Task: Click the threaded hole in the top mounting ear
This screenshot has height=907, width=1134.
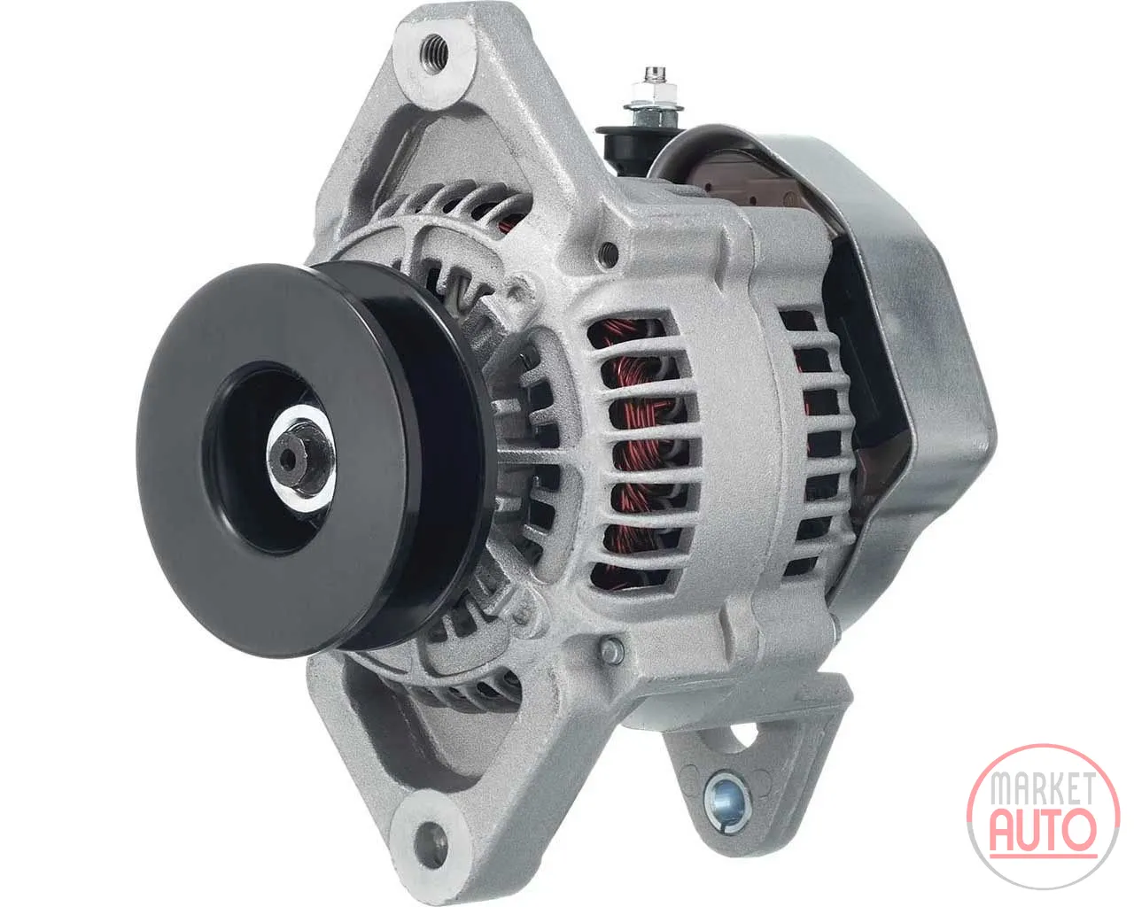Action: pos(434,51)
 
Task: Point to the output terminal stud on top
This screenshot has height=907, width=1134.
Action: pos(655,89)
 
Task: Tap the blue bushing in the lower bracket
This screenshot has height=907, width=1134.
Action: pos(727,802)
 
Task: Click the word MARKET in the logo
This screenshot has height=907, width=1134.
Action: pos(1044,788)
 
